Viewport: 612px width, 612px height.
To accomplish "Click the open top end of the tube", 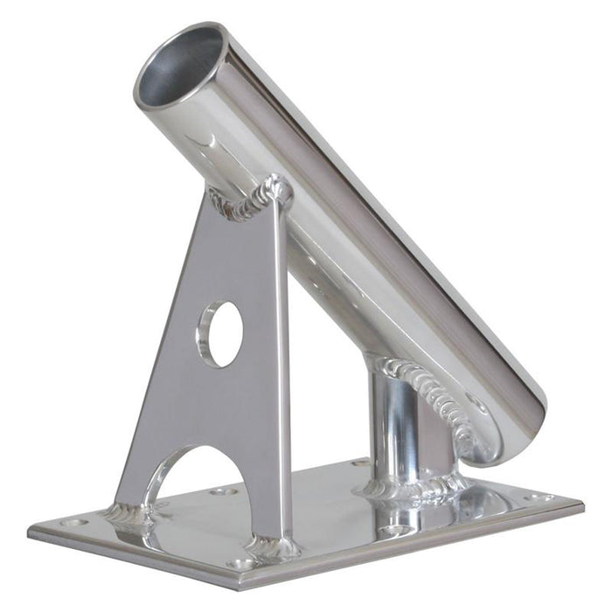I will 178,66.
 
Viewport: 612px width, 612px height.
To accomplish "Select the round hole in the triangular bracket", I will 219,332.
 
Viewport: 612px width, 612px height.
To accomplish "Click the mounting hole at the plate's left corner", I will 75,524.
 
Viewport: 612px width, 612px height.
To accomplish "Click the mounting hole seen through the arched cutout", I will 219,491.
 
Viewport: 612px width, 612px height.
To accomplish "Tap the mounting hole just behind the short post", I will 359,462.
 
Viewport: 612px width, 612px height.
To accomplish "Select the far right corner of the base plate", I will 582,504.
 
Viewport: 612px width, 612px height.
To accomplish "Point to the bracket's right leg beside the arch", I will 267,490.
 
